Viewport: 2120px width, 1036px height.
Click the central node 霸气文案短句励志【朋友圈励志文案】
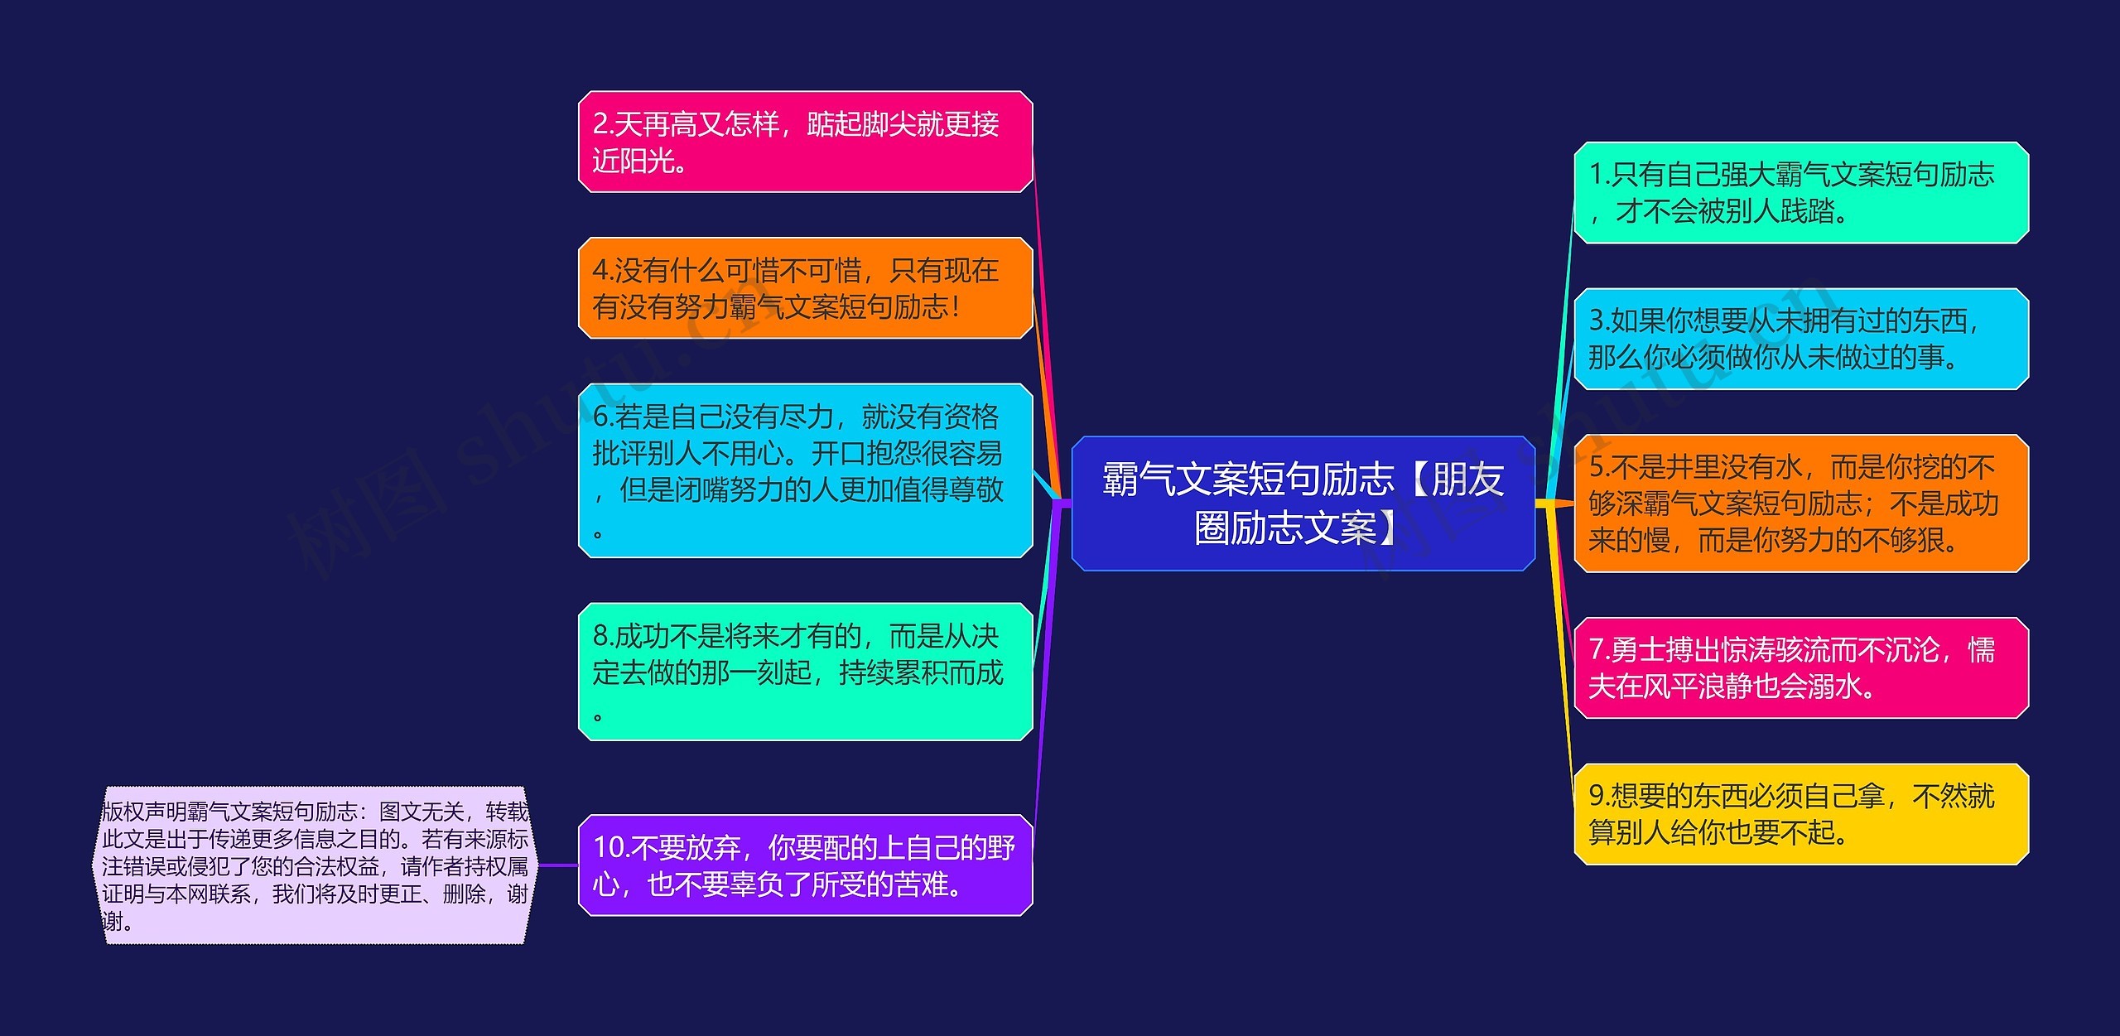click(x=1303, y=503)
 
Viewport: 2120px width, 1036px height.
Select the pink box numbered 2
click(x=805, y=142)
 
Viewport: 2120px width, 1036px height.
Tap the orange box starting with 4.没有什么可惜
click(x=805, y=287)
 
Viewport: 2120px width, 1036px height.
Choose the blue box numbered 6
click(x=805, y=470)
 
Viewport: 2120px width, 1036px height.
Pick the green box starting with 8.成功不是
click(x=805, y=671)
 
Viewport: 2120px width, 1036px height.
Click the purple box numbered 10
click(x=805, y=865)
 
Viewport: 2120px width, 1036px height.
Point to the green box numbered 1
click(x=1800, y=193)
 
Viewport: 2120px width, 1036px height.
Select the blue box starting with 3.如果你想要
click(x=1800, y=339)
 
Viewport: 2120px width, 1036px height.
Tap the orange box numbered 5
click(x=1800, y=503)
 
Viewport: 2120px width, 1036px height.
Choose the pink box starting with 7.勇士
click(x=1800, y=667)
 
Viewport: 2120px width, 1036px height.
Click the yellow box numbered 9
click(x=1800, y=813)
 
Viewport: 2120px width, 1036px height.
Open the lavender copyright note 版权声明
click(x=315, y=865)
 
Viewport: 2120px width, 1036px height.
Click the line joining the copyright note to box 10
click(x=556, y=865)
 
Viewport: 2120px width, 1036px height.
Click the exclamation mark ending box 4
click(x=956, y=307)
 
